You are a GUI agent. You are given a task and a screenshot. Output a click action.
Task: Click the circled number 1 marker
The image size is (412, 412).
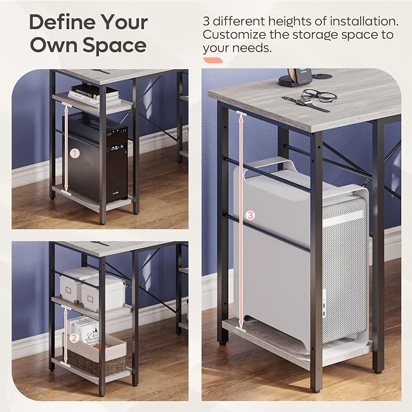pyautogui.click(x=75, y=153)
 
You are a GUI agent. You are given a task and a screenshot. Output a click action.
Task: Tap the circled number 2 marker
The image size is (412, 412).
pyautogui.click(x=74, y=338)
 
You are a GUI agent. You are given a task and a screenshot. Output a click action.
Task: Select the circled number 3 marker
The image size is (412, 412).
pyautogui.click(x=250, y=215)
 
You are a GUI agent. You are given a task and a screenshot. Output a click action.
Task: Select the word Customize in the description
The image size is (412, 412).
pyautogui.click(x=234, y=35)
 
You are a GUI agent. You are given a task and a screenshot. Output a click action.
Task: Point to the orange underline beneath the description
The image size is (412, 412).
pyautogui.click(x=213, y=61)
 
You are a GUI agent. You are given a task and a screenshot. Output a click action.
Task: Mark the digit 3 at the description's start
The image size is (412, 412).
pyautogui.click(x=206, y=22)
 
